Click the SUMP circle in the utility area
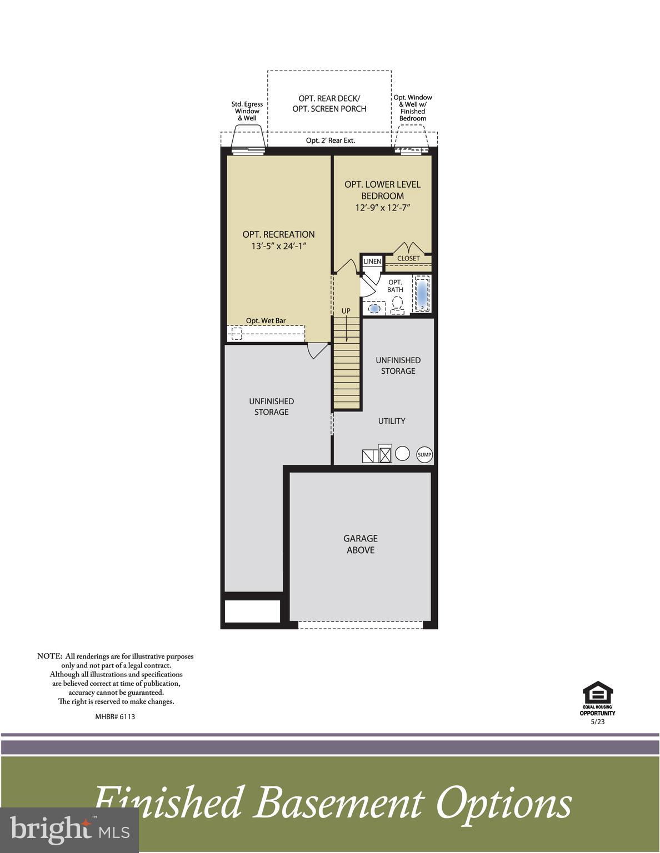click(x=424, y=455)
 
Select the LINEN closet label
click(x=372, y=262)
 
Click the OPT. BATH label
click(x=395, y=286)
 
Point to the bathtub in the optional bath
click(x=422, y=294)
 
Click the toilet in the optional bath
click(x=397, y=304)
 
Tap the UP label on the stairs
click(x=346, y=311)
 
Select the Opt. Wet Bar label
click(x=266, y=321)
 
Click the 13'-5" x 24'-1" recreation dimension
click(x=278, y=246)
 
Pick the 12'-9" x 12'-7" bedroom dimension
click(x=382, y=208)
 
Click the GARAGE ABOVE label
click(x=360, y=544)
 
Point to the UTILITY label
click(x=392, y=421)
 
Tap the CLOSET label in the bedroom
click(x=408, y=259)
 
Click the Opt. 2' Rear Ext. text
click(x=330, y=141)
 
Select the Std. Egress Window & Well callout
click(x=247, y=111)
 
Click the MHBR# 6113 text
click(x=115, y=716)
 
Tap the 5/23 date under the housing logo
click(x=597, y=722)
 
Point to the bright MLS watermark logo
click(x=69, y=830)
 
